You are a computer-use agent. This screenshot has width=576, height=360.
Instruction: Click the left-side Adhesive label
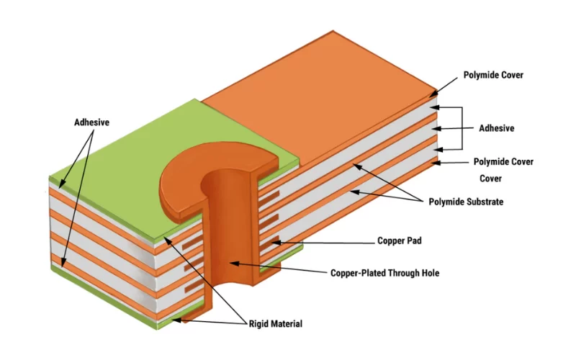point(91,122)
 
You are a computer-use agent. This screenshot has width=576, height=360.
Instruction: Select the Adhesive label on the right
point(497,128)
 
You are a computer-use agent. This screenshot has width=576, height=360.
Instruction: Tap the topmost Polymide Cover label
point(493,75)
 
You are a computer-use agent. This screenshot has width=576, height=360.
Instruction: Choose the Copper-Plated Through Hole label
point(384,273)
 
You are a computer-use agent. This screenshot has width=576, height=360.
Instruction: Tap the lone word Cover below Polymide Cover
point(492,179)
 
